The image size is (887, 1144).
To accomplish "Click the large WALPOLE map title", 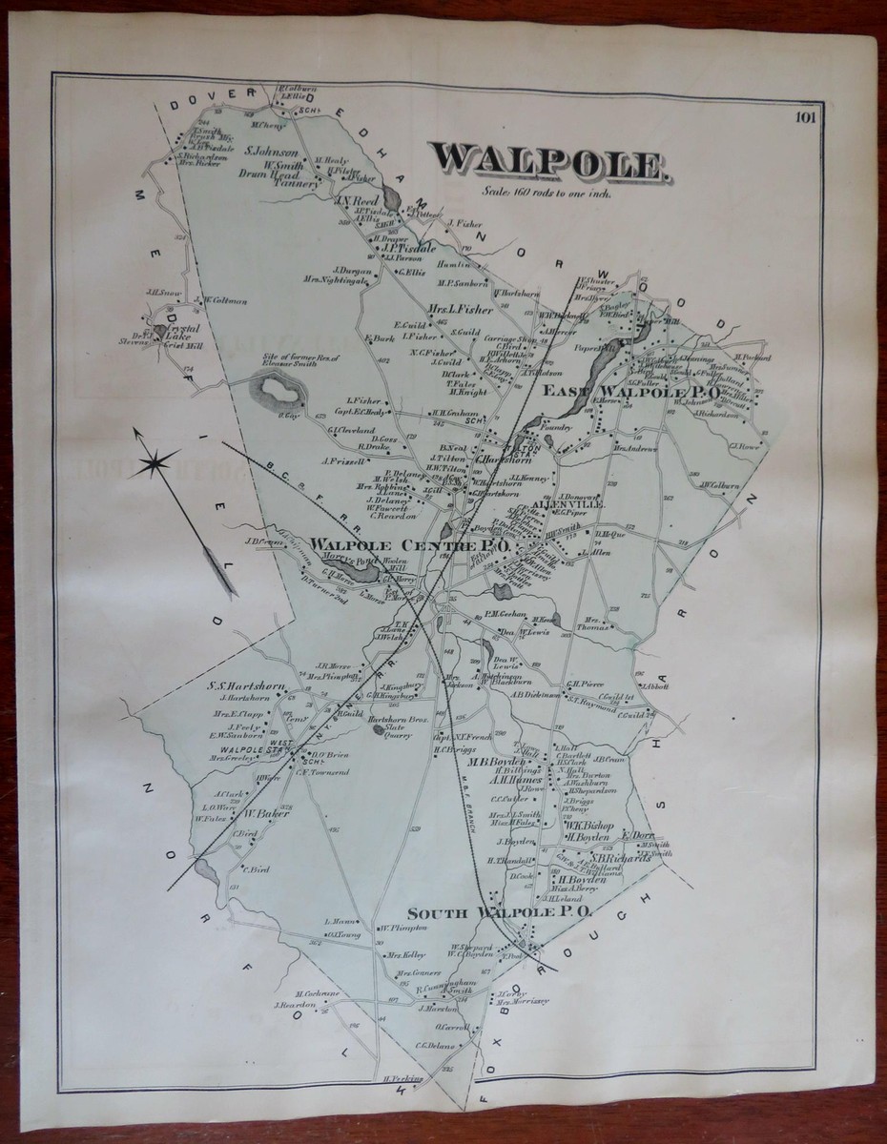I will pyautogui.click(x=547, y=163).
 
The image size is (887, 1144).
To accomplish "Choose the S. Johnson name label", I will pyautogui.click(x=272, y=152).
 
